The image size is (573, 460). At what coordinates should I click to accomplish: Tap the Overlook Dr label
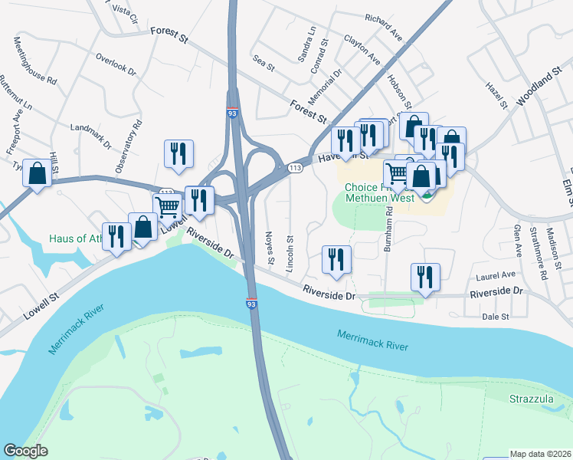click(x=116, y=65)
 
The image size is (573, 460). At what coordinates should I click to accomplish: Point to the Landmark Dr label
click(x=90, y=136)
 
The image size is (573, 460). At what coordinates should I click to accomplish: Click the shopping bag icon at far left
click(x=37, y=173)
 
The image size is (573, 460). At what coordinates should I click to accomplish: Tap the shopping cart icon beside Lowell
click(x=168, y=205)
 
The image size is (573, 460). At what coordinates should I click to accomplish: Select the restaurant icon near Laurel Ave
click(x=424, y=278)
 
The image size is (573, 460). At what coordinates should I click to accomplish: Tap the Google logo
click(x=25, y=451)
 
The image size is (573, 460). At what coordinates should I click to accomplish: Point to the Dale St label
click(x=496, y=316)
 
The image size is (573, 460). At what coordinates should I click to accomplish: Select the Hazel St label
click(x=497, y=98)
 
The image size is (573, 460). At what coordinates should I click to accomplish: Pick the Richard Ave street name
click(x=384, y=28)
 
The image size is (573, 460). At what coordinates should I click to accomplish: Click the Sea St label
click(x=263, y=67)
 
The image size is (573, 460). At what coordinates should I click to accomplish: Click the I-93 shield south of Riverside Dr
click(x=251, y=304)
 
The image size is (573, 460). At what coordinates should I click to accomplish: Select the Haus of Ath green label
click(x=76, y=238)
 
